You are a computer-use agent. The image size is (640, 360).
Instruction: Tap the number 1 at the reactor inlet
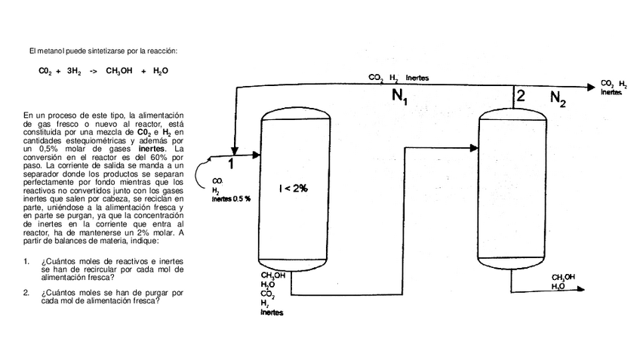click(x=232, y=162)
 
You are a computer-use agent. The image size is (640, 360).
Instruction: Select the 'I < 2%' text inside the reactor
click(x=293, y=188)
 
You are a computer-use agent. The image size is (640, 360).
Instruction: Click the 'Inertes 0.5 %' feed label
click(x=231, y=198)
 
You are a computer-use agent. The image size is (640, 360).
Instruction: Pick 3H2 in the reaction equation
click(x=73, y=71)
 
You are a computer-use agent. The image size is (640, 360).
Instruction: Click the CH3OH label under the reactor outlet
click(x=272, y=275)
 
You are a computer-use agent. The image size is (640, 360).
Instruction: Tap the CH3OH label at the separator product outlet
click(x=563, y=277)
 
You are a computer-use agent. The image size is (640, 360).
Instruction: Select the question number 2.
click(x=26, y=291)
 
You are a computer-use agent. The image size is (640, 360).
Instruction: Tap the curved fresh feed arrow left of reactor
click(x=198, y=171)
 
